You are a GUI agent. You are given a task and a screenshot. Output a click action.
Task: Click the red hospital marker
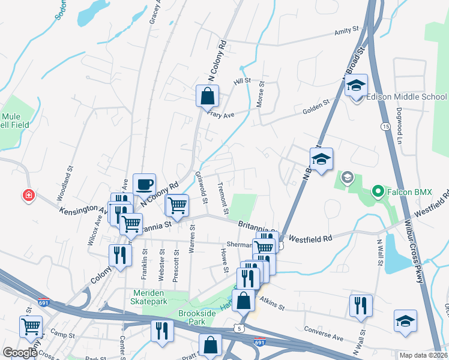point(28,195)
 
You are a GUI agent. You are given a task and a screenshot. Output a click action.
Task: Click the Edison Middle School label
point(406,97)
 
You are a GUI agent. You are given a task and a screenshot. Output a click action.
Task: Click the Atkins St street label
point(272,303)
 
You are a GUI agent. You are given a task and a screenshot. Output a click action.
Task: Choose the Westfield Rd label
point(310,238)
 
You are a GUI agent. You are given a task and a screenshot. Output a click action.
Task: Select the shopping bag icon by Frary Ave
point(207,95)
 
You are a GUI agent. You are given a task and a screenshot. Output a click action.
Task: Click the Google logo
point(20,353)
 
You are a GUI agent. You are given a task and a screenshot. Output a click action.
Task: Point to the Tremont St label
point(224,198)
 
